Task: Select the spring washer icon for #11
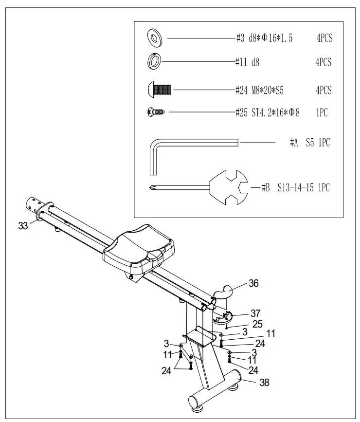point(155,62)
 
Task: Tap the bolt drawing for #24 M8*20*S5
point(160,90)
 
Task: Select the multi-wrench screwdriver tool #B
point(204,187)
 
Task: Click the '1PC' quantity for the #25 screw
point(322,113)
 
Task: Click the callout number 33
point(23,225)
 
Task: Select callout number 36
point(254,283)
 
